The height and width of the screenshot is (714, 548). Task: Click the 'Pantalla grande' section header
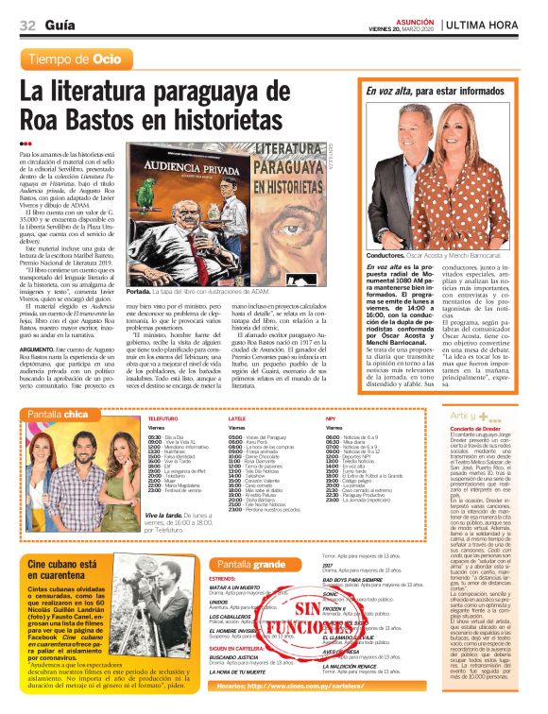point(250,563)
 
